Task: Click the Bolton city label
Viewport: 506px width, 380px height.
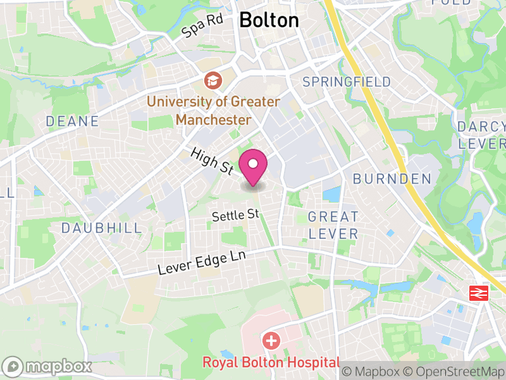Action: (x=269, y=20)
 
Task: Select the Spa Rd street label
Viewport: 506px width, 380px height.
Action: (x=202, y=26)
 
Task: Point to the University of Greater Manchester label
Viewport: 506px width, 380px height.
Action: (x=213, y=110)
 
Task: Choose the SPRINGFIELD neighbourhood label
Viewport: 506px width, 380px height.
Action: (x=347, y=82)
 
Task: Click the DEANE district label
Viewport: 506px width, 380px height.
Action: (x=72, y=121)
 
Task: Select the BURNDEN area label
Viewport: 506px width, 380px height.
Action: (x=392, y=179)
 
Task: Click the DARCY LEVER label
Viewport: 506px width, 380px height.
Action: (x=482, y=135)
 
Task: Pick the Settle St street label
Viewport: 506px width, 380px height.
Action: (x=236, y=215)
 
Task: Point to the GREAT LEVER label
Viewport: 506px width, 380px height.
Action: (x=333, y=225)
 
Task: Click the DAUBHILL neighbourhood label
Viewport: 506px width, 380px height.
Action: (x=102, y=228)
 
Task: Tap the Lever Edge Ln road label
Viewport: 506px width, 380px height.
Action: (x=201, y=262)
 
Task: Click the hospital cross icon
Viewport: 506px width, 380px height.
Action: (x=271, y=341)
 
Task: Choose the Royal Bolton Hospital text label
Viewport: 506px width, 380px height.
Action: (x=271, y=363)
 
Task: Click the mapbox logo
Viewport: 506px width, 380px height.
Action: (x=48, y=366)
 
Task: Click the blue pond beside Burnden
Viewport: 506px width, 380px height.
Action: (x=331, y=194)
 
